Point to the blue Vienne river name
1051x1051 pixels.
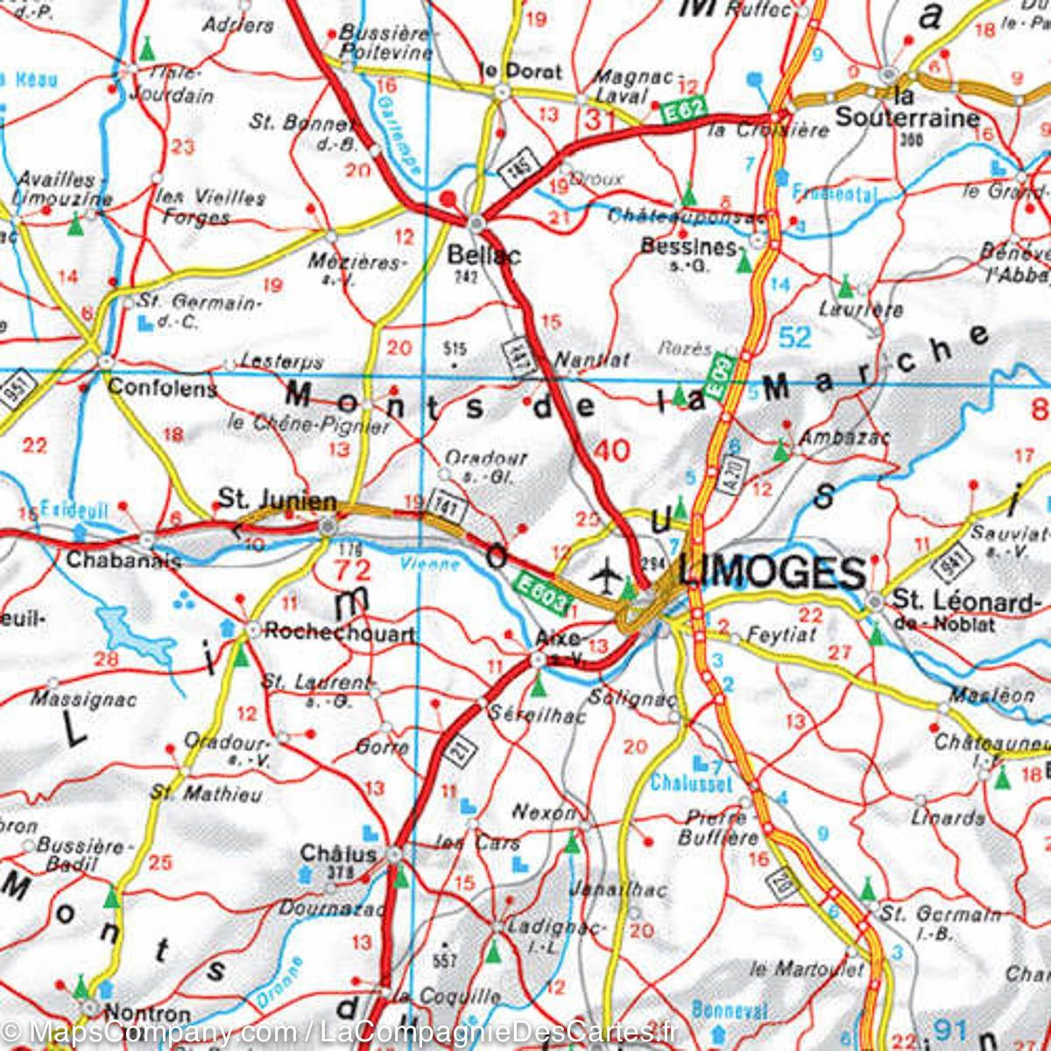click(x=429, y=563)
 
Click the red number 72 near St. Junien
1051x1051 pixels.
click(x=352, y=570)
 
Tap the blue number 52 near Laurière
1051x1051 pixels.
click(x=794, y=336)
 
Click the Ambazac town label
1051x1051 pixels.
click(x=831, y=436)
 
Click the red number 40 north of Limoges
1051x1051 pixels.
click(x=611, y=450)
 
